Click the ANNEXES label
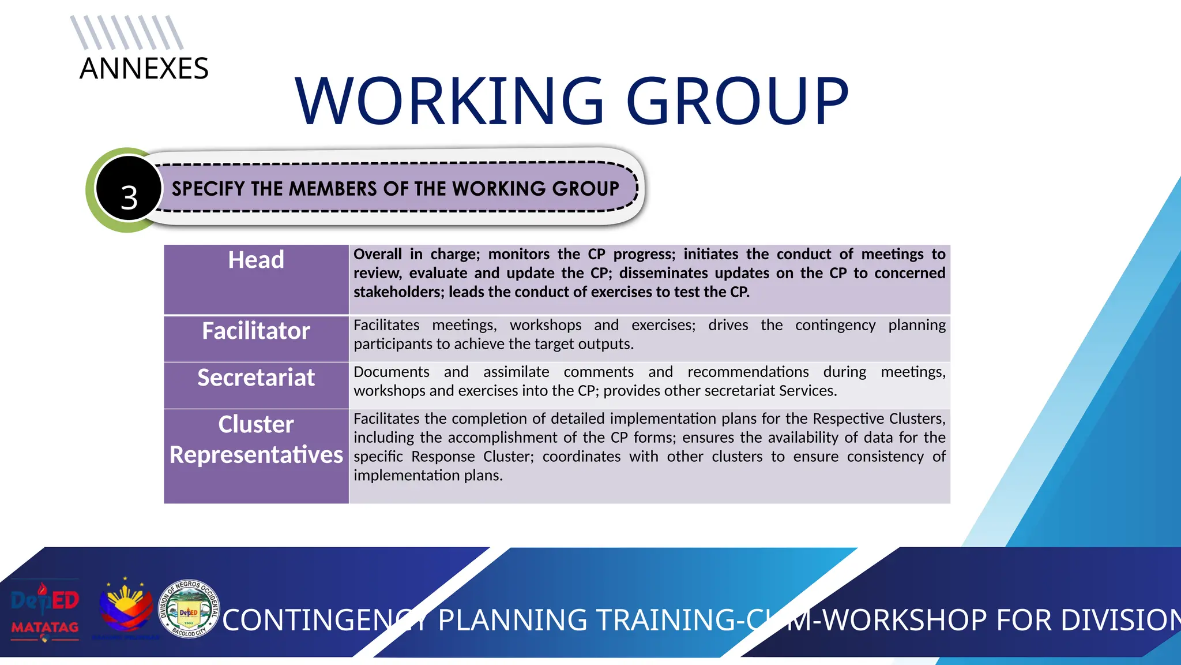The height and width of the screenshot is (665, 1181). pyautogui.click(x=144, y=69)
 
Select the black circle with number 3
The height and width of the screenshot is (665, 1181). pyautogui.click(x=129, y=190)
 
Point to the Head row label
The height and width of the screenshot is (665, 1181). pyautogui.click(x=256, y=260)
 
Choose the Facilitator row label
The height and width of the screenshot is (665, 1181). pyautogui.click(x=256, y=331)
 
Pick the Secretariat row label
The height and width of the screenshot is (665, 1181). pyautogui.click(x=256, y=378)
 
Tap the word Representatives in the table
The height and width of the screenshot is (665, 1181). pyautogui.click(x=256, y=455)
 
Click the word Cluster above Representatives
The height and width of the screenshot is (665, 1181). pyautogui.click(x=256, y=425)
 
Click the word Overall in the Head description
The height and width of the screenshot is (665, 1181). pyautogui.click(x=378, y=255)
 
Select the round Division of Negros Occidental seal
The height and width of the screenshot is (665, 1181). pyautogui.click(x=189, y=609)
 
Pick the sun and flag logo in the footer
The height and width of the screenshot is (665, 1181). pyautogui.click(x=126, y=609)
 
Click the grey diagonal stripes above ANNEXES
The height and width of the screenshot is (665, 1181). pyautogui.click(x=127, y=33)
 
